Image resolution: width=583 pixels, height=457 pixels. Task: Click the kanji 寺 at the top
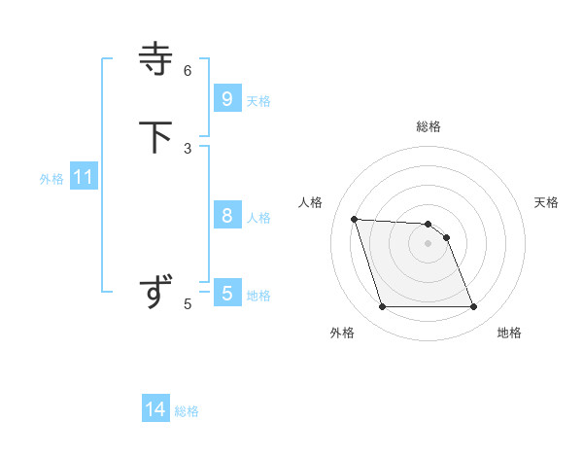click(156, 58)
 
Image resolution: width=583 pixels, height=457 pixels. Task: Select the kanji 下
click(156, 136)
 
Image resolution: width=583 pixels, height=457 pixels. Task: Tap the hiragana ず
click(156, 292)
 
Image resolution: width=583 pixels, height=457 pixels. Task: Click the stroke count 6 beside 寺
click(188, 70)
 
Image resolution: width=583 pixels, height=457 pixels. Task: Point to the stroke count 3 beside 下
click(188, 148)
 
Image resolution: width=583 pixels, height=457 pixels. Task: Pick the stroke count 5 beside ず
click(188, 304)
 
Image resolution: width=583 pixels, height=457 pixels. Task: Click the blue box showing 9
click(227, 98)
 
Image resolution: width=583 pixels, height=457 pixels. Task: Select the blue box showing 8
click(227, 215)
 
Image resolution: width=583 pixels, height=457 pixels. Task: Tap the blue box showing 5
click(227, 293)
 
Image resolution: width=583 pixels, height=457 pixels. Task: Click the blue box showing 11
click(84, 177)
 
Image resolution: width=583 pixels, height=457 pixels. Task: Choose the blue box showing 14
click(155, 409)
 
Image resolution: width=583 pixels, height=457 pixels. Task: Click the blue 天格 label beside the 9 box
click(258, 101)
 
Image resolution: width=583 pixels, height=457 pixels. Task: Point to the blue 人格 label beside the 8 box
click(258, 218)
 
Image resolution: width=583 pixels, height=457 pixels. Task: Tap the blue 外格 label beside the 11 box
click(51, 179)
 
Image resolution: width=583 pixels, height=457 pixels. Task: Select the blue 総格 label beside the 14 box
click(187, 411)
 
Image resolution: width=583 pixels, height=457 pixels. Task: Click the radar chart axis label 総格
click(429, 126)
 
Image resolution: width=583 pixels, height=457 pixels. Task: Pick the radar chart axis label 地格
click(509, 333)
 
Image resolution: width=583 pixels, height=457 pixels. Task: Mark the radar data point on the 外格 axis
click(382, 307)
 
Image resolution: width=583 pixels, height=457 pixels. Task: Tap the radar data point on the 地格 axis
click(474, 307)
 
